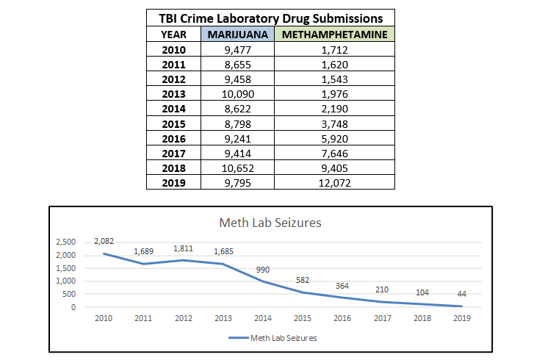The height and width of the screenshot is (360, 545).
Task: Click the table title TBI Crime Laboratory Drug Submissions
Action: pos(271,18)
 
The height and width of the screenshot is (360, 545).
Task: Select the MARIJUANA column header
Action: pos(237,35)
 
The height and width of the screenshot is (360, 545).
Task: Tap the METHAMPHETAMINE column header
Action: pos(334,35)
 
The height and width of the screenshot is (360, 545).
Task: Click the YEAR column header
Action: pos(173,35)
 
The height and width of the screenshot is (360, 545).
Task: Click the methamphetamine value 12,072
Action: pos(334,181)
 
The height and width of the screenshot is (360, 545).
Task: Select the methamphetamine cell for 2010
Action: pos(334,50)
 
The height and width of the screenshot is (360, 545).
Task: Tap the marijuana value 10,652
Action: pos(237,167)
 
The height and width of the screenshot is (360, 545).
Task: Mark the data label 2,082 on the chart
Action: pos(104,241)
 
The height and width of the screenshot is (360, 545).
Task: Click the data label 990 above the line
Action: pos(264,270)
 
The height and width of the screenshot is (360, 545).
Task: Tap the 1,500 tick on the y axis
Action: pos(66,268)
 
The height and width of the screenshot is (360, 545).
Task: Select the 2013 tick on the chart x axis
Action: pos(223,320)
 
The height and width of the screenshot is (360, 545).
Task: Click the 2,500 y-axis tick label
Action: pos(66,242)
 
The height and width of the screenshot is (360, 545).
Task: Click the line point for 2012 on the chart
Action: pos(183,260)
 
